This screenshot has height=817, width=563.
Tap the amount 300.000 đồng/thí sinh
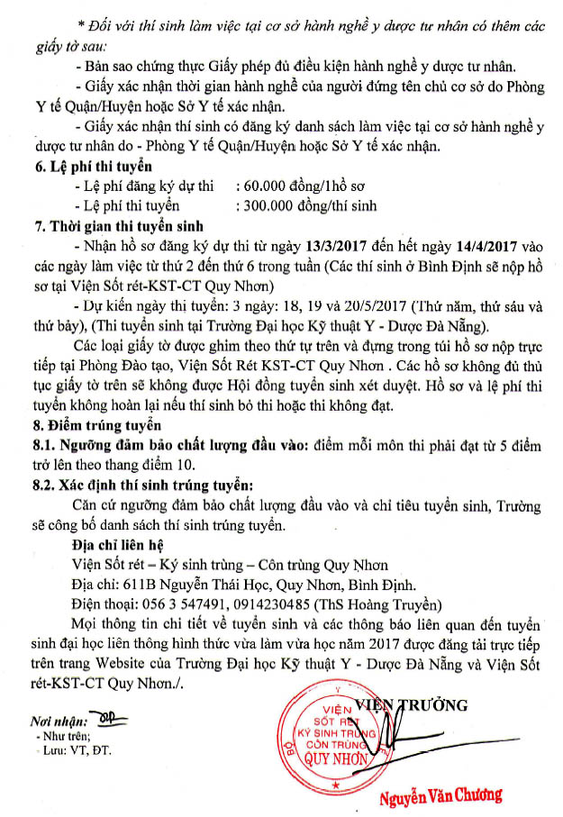[x=304, y=205]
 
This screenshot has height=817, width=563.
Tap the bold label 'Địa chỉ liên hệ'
[x=123, y=545]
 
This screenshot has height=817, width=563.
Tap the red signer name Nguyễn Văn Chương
[x=440, y=796]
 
